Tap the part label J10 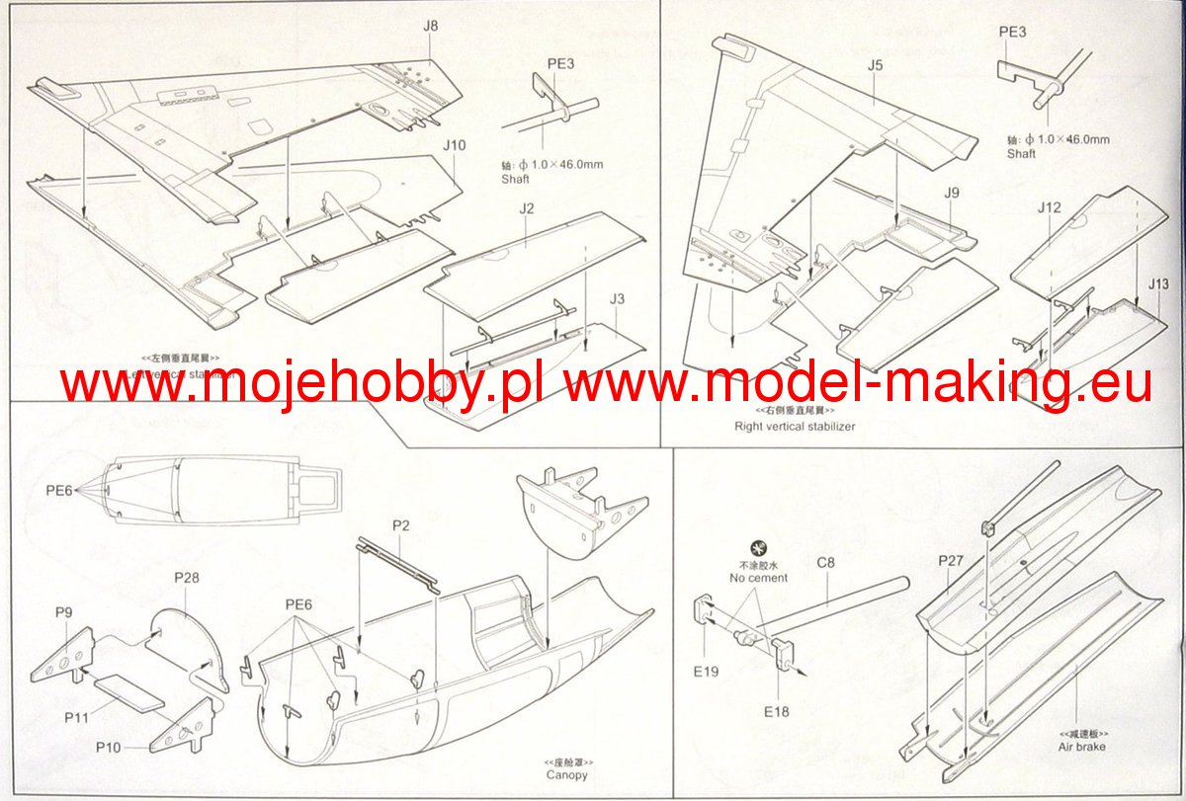coord(454,145)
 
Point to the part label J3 coord(619,297)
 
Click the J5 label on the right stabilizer coord(875,66)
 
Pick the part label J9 coord(951,193)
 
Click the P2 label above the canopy coord(400,525)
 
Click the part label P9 coord(63,612)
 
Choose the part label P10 coord(108,748)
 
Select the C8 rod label coord(826,563)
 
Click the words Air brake coord(1083,747)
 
